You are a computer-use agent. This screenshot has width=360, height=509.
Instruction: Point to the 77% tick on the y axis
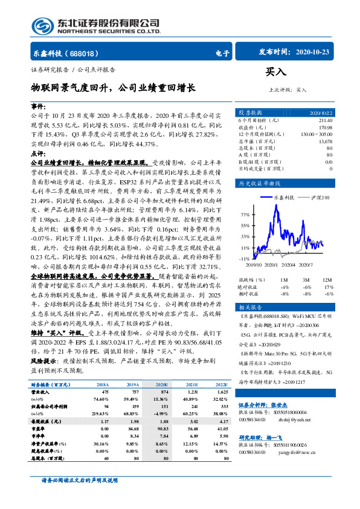click(x=245, y=215)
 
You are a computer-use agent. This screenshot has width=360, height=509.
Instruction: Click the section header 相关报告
click(x=249, y=307)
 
